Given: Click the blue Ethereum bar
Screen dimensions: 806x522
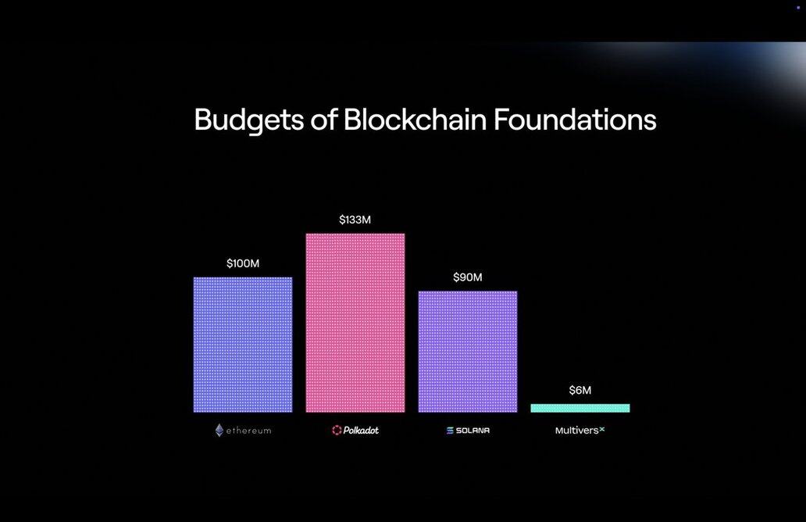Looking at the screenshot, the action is point(243,345).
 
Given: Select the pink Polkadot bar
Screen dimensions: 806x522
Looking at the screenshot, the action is point(355,323).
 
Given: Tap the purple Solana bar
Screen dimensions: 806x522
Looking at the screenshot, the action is point(468,352).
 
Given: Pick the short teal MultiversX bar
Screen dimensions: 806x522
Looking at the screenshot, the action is point(580,409).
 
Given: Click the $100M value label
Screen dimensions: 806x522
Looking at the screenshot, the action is point(243,263).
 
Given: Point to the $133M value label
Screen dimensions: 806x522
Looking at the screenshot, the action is point(355,220).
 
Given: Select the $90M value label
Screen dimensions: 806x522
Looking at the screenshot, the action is point(468,277).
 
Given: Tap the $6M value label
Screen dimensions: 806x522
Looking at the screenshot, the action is point(580,390).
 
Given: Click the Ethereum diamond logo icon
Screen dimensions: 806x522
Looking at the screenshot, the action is point(219,430).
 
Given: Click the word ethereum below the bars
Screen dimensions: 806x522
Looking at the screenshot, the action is point(249,431).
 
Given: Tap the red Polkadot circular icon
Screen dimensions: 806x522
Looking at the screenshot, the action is point(337,430).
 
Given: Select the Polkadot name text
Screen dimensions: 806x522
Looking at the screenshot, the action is point(361,430).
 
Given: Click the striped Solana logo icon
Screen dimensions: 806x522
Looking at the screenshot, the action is point(450,431).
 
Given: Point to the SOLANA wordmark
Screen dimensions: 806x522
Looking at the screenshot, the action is point(473,431).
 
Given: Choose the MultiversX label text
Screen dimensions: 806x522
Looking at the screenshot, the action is point(580,430).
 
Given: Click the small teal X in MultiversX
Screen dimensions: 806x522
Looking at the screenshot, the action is point(602,429).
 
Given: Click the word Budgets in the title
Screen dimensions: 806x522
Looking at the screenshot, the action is point(249,120).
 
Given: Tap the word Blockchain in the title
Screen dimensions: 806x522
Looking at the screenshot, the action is point(415,120).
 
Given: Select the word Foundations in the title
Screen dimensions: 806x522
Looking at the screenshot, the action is point(575,120).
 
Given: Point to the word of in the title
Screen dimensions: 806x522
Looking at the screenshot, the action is point(324,120).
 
